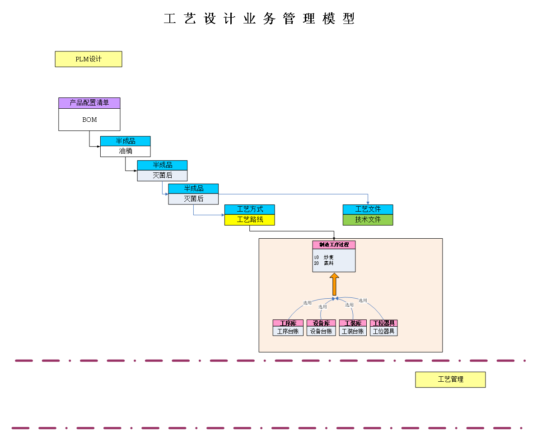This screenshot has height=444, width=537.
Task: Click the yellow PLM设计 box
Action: point(89,59)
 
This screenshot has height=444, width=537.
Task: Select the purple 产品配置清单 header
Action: point(89,103)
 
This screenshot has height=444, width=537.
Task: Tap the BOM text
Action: point(89,120)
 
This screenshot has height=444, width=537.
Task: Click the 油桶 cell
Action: point(126,151)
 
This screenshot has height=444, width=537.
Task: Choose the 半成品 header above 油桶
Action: point(126,141)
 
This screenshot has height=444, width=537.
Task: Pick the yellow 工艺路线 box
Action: point(250,220)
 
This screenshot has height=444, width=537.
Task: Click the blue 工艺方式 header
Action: point(250,209)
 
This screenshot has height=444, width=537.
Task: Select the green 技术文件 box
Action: point(368,220)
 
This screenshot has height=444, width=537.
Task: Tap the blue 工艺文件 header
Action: point(368,209)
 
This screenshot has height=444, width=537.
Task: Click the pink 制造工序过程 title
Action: point(334,245)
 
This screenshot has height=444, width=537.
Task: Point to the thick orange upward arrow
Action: point(334,284)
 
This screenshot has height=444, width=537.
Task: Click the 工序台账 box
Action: point(288,331)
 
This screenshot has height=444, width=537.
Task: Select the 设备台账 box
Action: point(321,331)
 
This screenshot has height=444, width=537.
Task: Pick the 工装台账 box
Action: point(353,331)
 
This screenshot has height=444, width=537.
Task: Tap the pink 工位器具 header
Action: point(384,323)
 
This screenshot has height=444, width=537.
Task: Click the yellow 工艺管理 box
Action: point(450,379)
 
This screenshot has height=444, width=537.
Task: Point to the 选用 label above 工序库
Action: point(308,303)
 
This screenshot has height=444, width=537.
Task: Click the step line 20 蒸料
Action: point(324,263)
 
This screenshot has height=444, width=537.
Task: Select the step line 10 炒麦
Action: point(324,257)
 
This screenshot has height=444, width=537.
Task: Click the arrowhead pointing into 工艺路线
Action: point(223,215)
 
